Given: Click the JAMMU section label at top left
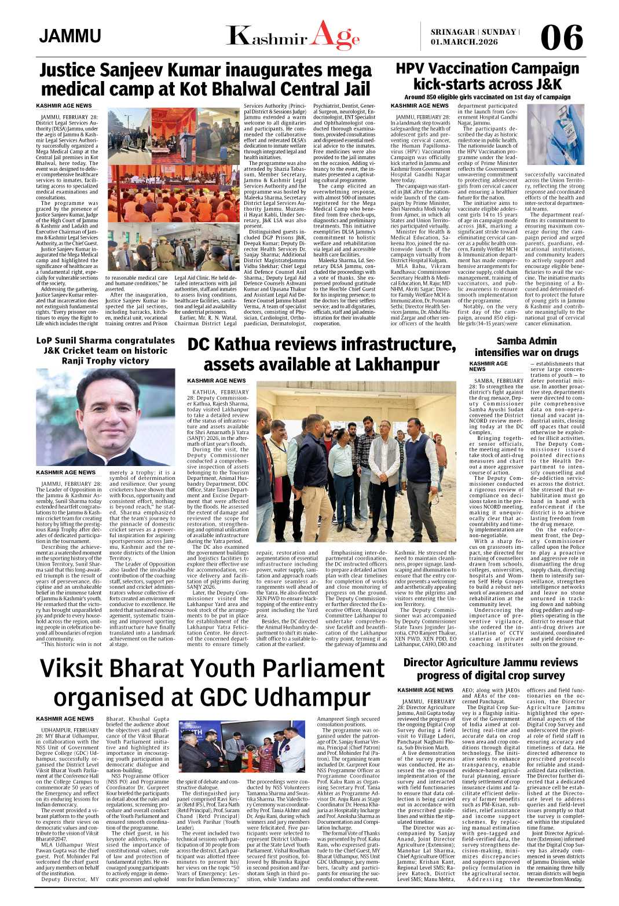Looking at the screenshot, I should coord(70,36).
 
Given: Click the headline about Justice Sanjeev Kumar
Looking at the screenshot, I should coord(206,80).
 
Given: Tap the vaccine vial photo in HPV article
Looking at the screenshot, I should coord(555,134).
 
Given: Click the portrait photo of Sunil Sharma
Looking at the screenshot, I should coord(105,417).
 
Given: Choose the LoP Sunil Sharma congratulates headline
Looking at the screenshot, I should coord(105,350).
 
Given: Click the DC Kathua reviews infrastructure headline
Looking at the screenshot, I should coord(321,354).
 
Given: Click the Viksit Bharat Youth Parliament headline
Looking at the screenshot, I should coord(212,683).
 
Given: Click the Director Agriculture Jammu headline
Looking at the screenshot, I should coord(490,669).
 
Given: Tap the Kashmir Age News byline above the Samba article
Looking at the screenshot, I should coord(488,366).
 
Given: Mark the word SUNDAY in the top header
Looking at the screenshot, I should coord(497,32).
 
